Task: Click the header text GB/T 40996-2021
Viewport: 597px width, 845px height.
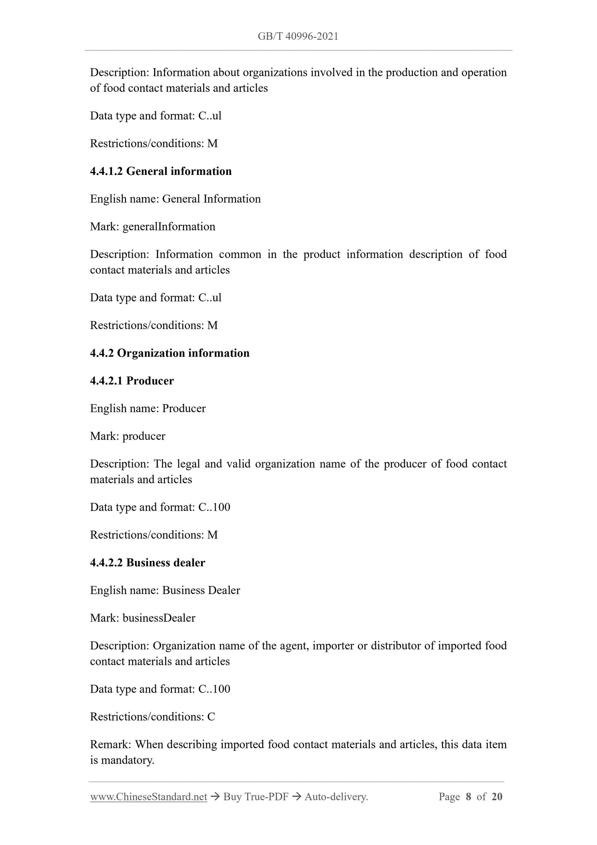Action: [298, 36]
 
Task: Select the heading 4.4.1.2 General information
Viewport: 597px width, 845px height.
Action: [161, 171]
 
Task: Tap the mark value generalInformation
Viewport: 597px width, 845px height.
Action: [169, 227]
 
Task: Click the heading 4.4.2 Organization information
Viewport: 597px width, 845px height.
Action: [170, 353]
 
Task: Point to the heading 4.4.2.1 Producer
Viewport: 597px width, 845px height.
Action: [132, 381]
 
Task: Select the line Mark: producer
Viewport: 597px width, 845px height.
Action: [128, 436]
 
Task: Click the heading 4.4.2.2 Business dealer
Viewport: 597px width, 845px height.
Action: [147, 563]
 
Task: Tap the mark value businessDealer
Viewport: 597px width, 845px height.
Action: [159, 618]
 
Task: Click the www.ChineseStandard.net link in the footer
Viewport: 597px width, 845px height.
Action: [148, 797]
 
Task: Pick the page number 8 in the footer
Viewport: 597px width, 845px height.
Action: [468, 797]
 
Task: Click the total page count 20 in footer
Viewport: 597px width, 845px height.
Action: [497, 797]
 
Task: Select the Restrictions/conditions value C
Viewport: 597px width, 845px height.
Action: [211, 716]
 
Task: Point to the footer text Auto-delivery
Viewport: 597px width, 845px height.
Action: [336, 797]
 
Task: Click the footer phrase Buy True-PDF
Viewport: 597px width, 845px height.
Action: [256, 797]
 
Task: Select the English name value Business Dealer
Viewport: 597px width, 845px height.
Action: [201, 590]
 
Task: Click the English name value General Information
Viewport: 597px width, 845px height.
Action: [212, 199]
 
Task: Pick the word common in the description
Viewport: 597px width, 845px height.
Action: [240, 254]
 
